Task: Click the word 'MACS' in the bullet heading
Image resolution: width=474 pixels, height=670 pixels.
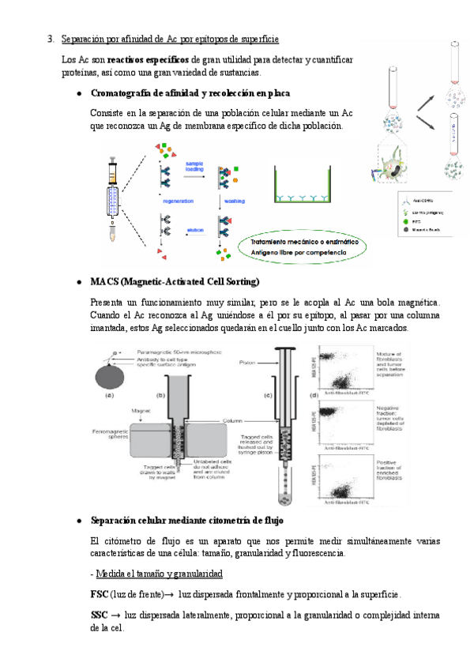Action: tap(104, 281)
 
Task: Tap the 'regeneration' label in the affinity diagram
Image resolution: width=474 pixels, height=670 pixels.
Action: tap(178, 201)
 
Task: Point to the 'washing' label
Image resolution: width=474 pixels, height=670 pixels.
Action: tap(235, 201)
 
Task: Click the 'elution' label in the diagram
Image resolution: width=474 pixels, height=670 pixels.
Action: tap(195, 230)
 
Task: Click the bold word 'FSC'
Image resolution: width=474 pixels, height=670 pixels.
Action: tap(100, 594)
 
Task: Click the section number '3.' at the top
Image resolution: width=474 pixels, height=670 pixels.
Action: tap(51, 39)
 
